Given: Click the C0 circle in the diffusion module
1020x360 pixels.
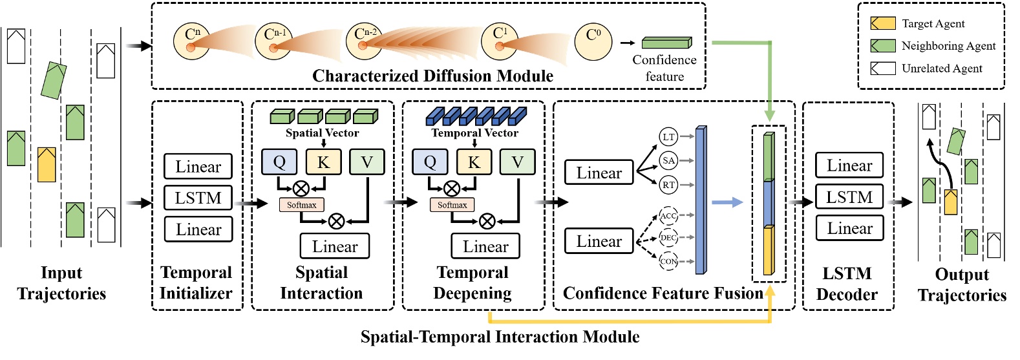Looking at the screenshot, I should pyautogui.click(x=593, y=41).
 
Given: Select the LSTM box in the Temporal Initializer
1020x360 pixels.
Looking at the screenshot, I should pyautogui.click(x=198, y=198).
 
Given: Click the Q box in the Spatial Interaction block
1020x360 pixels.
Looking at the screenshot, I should pyautogui.click(x=279, y=162).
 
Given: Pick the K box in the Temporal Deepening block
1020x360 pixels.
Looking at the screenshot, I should pyautogui.click(x=474, y=162).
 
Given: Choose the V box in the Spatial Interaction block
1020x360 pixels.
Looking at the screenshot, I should pyautogui.click(x=367, y=162).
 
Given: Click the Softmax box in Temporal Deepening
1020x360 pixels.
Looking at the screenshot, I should pyautogui.click(x=452, y=205).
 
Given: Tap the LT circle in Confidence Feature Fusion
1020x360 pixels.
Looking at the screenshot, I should pyautogui.click(x=668, y=137).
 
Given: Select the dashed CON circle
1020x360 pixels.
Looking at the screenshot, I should pyautogui.click(x=668, y=261).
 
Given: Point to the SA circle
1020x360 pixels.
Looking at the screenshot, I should pyautogui.click(x=668, y=160).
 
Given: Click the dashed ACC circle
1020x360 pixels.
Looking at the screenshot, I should pyautogui.click(x=668, y=216).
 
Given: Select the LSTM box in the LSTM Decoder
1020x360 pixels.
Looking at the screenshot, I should pyautogui.click(x=849, y=197).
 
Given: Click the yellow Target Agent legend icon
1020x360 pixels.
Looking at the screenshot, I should pyautogui.click(x=882, y=24).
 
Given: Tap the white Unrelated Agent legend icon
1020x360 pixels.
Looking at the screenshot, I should pyautogui.click(x=882, y=69).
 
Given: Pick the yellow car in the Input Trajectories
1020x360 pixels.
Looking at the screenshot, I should pyautogui.click(x=47, y=165).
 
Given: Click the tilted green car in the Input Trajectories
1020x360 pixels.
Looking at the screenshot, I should pyautogui.click(x=54, y=80).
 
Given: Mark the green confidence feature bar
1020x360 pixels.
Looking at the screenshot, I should pyautogui.click(x=666, y=43).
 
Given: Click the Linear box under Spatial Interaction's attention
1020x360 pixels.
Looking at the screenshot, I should pyautogui.click(x=334, y=246).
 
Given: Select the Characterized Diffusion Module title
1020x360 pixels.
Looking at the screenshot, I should pyautogui.click(x=432, y=76).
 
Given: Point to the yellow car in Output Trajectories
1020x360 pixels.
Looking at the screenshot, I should pyautogui.click(x=950, y=202).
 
